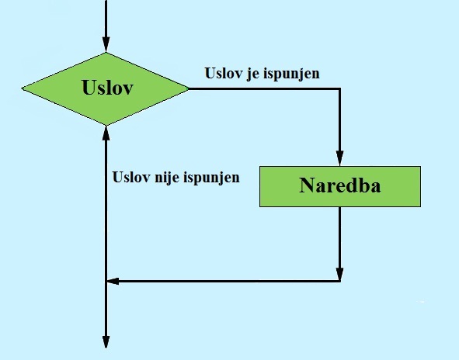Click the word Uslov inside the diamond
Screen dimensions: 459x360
tap(108, 88)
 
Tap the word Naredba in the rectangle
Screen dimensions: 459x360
tap(340, 185)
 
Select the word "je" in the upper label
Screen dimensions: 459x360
tap(252, 74)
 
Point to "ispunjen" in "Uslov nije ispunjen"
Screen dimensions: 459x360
tap(211, 178)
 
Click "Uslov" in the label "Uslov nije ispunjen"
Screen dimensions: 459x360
tap(131, 177)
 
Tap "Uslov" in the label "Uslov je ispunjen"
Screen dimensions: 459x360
tap(224, 73)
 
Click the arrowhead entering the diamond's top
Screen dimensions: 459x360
tap(106, 45)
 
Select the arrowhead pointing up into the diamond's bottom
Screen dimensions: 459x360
tap(106, 133)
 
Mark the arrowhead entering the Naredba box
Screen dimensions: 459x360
tap(340, 158)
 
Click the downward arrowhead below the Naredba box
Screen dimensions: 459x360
tap(340, 274)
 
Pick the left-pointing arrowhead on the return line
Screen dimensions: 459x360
tap(113, 281)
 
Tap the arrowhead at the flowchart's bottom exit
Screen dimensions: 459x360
tap(106, 341)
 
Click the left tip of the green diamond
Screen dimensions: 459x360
tap(22, 88)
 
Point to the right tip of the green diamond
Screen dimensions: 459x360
tap(189, 88)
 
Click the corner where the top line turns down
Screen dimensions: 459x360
tap(340, 88)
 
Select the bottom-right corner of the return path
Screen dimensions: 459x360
tap(340, 281)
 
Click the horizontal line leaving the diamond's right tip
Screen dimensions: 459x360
tap(264, 88)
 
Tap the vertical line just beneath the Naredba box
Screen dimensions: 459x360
tap(340, 237)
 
